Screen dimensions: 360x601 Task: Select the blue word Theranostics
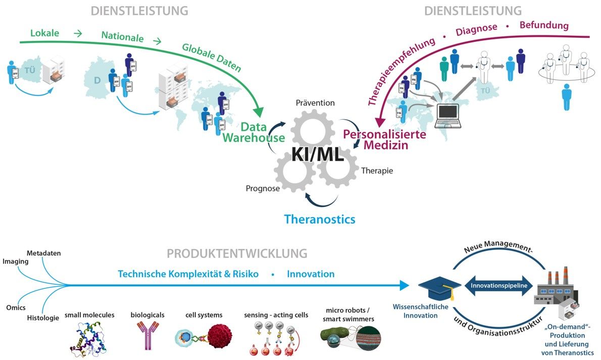tap(319, 219)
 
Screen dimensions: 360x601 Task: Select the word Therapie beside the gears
tap(377, 171)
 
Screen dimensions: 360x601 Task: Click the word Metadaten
tap(43, 253)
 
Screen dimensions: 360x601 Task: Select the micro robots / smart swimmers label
tap(350, 316)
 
